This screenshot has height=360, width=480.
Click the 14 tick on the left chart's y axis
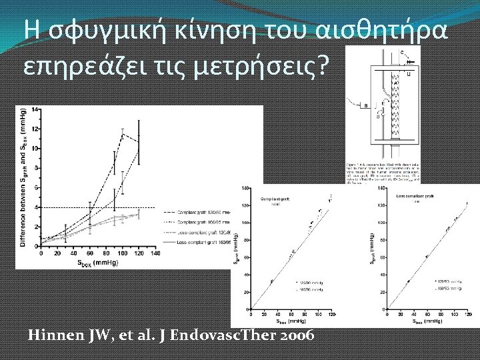click(34, 109)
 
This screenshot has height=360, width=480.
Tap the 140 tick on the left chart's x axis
click(155, 253)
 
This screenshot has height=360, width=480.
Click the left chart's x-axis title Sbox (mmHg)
click(89, 262)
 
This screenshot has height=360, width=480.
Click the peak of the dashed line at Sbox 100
click(123, 133)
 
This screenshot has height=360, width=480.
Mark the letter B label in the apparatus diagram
click(365, 105)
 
